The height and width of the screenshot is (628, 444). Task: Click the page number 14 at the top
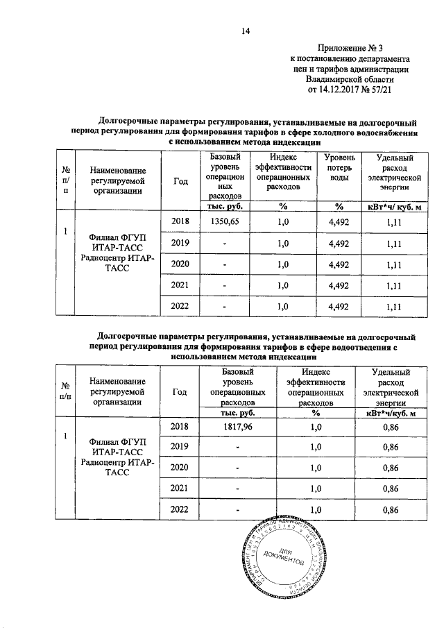245,29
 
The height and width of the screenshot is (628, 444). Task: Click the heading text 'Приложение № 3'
352,48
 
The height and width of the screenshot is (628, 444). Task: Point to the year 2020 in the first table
180,264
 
